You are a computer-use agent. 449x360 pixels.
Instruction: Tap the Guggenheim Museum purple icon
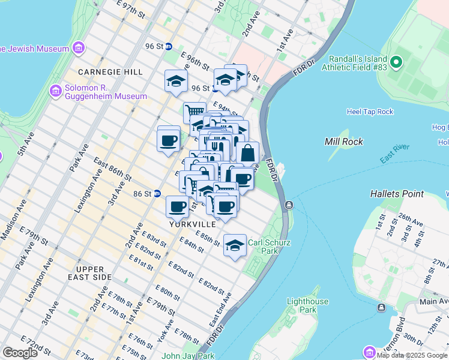[x=56, y=91]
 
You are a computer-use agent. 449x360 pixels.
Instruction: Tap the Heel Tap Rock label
[x=370, y=112]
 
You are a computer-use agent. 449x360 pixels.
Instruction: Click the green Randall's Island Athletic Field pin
[x=396, y=62]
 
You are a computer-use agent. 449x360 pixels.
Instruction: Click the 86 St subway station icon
[x=157, y=194]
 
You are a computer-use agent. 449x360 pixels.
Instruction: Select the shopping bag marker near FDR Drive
[x=247, y=154]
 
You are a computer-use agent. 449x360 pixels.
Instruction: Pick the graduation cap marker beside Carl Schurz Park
[x=235, y=245]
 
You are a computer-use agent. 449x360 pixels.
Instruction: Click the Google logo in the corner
[x=20, y=353]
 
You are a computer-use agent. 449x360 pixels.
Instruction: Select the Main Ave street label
[x=434, y=301]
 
